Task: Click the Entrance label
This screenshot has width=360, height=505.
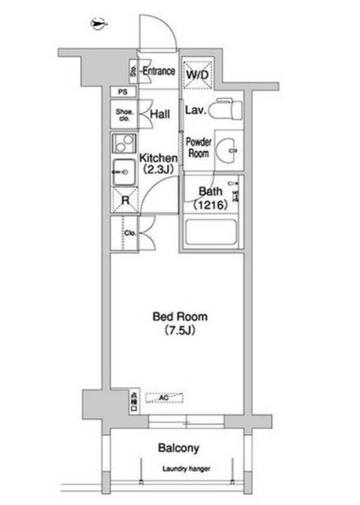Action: click(158, 72)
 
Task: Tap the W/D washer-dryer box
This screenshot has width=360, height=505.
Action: click(198, 74)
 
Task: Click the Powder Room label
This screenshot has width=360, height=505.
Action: click(199, 146)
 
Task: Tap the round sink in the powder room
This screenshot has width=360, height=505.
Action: click(229, 147)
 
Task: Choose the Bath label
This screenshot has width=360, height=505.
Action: click(211, 191)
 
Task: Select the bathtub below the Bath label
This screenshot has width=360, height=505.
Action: click(212, 235)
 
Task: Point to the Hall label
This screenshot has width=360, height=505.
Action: click(158, 114)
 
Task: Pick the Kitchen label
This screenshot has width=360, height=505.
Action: click(158, 159)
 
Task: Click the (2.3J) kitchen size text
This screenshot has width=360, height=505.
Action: click(158, 171)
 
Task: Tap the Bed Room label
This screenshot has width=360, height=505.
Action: click(180, 316)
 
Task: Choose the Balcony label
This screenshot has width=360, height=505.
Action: click(179, 448)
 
